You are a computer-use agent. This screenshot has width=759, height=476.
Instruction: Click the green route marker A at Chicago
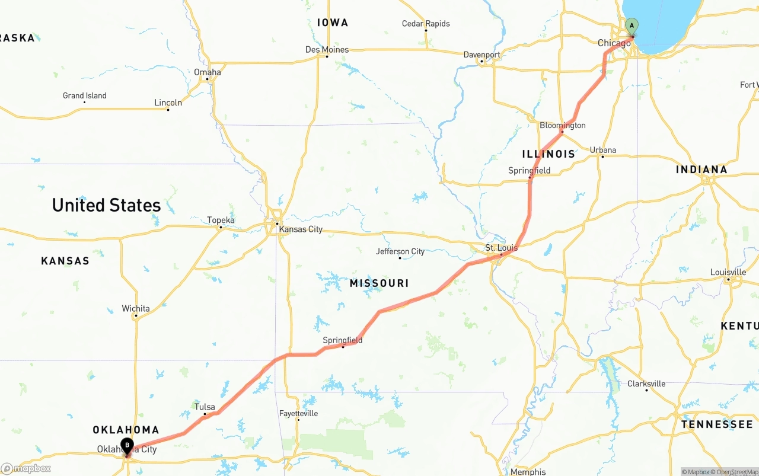(632, 26)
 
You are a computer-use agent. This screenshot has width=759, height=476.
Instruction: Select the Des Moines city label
(326, 50)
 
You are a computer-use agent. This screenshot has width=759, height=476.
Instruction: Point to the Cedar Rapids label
(426, 24)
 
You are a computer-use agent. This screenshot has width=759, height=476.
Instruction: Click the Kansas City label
(301, 229)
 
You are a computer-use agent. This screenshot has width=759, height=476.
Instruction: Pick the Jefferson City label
(400, 251)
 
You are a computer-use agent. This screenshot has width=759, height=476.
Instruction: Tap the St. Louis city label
(501, 248)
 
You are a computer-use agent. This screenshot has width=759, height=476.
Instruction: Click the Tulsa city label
(205, 407)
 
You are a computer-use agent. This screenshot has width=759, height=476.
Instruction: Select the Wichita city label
(136, 309)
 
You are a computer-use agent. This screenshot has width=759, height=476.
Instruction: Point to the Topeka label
(221, 221)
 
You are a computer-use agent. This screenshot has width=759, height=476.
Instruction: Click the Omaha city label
(208, 72)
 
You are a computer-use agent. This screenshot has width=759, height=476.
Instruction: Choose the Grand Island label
(85, 95)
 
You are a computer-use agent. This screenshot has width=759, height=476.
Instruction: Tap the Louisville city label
(728, 272)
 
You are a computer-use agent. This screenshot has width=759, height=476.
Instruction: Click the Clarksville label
(646, 384)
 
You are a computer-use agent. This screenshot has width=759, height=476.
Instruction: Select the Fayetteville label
(298, 413)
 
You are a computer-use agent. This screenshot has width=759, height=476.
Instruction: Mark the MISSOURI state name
(379, 284)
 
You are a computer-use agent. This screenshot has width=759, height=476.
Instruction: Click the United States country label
(107, 205)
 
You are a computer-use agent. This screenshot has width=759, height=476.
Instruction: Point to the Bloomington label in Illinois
(562, 125)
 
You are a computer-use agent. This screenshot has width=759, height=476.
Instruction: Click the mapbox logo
(26, 468)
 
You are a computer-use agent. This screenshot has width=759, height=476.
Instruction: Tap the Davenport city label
(481, 55)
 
